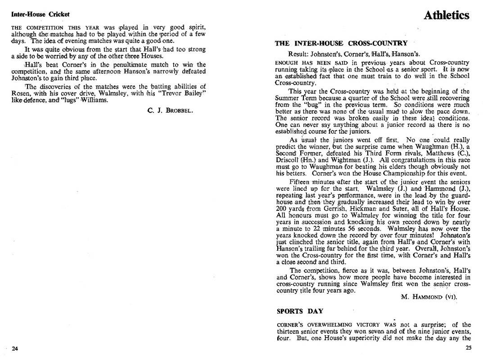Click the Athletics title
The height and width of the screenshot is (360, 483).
[x=446, y=15]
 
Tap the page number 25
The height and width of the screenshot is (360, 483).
[x=468, y=348]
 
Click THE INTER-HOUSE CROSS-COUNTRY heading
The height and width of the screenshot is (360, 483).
[x=341, y=44]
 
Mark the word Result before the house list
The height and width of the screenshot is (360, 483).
[x=298, y=54]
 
